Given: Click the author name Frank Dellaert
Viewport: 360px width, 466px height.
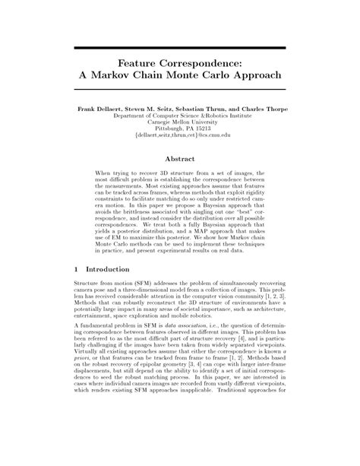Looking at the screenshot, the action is point(100,109).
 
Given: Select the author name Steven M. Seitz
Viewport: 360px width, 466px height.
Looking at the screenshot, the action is point(152,109).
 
